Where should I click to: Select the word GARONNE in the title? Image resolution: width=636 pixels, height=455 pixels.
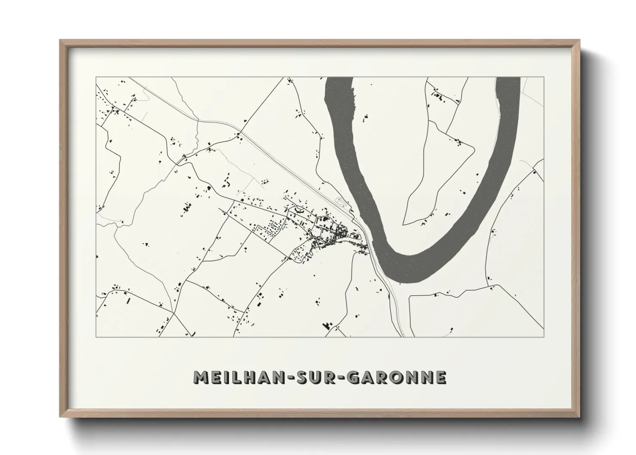click(397, 377)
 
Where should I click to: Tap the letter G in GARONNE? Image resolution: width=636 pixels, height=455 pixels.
click(353, 377)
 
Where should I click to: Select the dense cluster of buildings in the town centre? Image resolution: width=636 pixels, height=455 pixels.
click(337, 234)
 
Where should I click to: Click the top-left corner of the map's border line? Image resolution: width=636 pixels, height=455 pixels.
click(96, 77)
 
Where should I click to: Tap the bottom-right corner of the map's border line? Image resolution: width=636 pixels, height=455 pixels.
click(544, 337)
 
